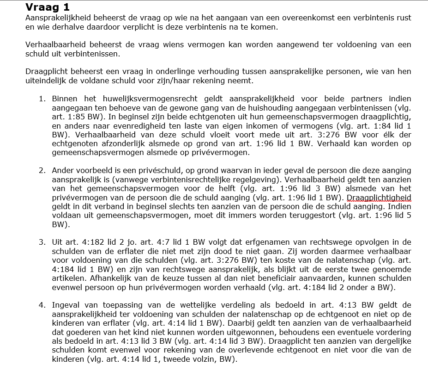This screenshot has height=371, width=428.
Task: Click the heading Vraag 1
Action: pyautogui.click(x=47, y=7)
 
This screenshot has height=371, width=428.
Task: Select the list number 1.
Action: pyautogui.click(x=42, y=99)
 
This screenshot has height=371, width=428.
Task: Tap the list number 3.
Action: pyautogui.click(x=42, y=242)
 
